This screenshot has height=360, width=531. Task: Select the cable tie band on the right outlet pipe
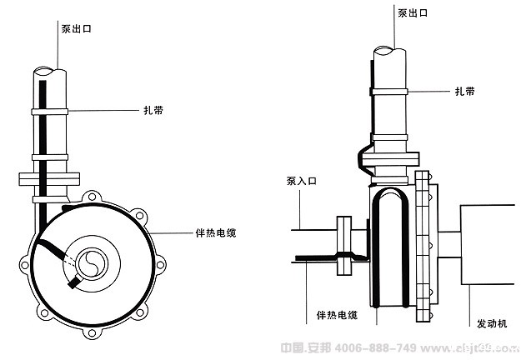click(388, 87)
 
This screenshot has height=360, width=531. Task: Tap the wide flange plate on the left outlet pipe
click(48, 178)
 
